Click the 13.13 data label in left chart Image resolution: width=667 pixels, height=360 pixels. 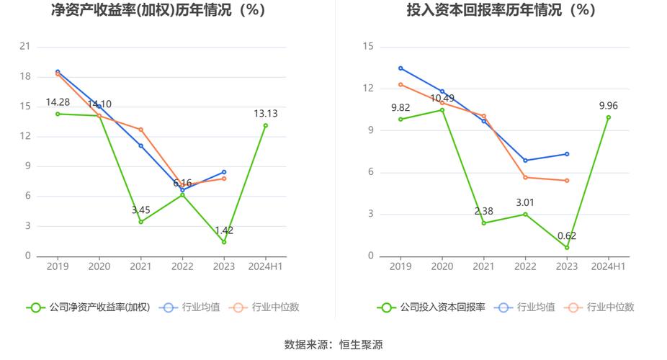click(265, 113)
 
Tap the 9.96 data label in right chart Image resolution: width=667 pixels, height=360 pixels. click(608, 106)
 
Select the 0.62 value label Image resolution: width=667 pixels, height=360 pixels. click(566, 235)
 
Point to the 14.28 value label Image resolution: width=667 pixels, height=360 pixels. click(58, 102)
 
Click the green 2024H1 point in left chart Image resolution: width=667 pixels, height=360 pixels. click(265, 125)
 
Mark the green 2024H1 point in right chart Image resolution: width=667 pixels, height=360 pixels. click(608, 117)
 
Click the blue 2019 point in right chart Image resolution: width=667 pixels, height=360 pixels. click(400, 68)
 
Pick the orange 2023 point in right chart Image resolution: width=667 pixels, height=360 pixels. click(567, 181)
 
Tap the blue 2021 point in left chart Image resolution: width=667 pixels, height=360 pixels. click(141, 145)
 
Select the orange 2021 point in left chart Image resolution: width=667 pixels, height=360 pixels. click(141, 130)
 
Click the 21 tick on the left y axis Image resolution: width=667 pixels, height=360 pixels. click(25, 47)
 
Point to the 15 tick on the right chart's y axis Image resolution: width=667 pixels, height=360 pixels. click(369, 47)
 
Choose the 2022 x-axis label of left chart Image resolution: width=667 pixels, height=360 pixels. click(182, 266)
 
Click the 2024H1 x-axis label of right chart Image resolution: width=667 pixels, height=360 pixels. click(608, 266)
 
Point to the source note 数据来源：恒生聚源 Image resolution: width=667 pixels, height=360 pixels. click(333, 345)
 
